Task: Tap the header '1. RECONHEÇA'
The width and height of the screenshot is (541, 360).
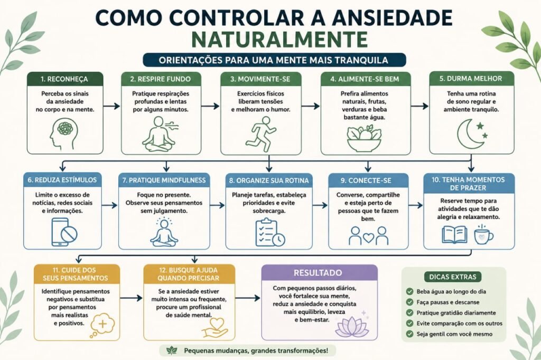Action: [65, 79]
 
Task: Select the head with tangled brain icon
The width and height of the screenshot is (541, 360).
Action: [64, 134]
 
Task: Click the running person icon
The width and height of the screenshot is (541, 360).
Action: [261, 134]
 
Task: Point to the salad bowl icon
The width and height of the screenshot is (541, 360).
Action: [365, 138]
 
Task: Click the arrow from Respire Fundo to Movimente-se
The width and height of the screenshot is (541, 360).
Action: [210, 106]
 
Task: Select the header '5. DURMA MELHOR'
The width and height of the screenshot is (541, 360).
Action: [471, 79]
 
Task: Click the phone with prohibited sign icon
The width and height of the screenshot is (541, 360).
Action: [64, 232]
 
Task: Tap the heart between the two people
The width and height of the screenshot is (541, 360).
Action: [368, 237]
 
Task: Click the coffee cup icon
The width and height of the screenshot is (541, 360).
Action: [483, 235]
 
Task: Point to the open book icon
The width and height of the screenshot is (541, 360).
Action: [455, 235]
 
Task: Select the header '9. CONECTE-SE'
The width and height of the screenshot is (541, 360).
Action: [368, 181]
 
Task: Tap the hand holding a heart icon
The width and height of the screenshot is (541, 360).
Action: [214, 328]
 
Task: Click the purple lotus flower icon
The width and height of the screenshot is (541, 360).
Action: [347, 327]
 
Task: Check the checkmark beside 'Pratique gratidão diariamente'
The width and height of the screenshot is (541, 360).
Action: [409, 313]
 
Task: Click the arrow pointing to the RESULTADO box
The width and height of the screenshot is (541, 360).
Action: [248, 298]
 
